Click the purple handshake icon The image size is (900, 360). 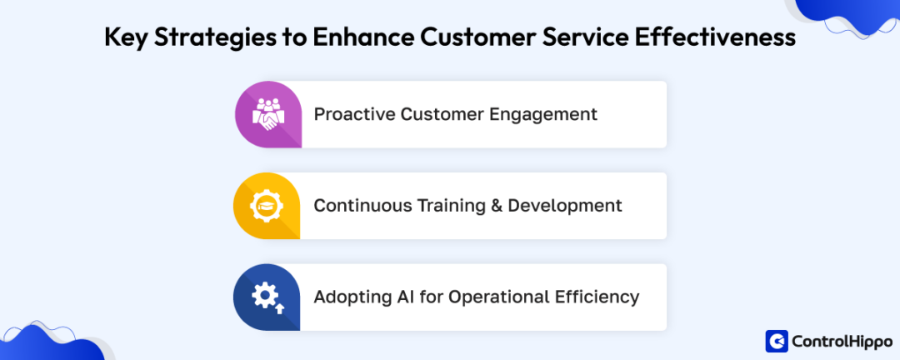pyautogui.click(x=267, y=114)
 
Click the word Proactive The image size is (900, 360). pyautogui.click(x=354, y=114)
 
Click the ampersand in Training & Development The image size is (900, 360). pyautogui.click(x=485, y=206)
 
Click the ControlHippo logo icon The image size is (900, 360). pyautogui.click(x=777, y=341)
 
